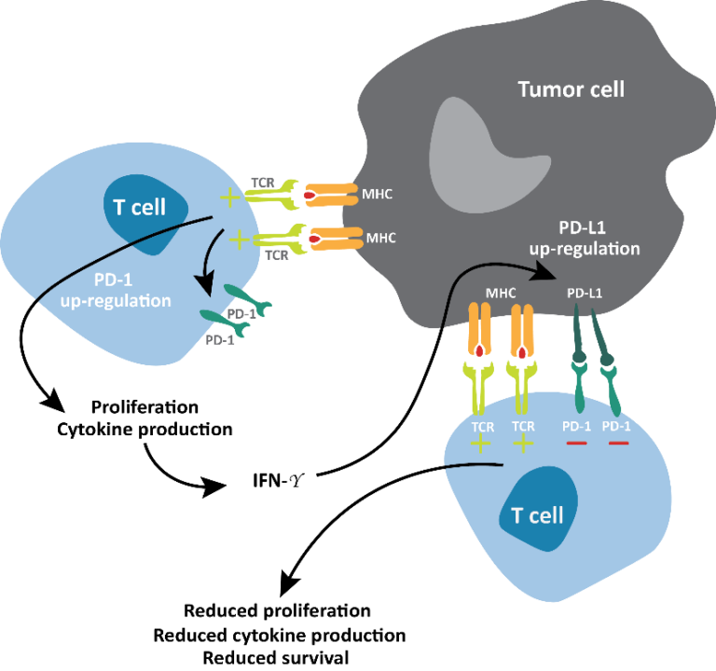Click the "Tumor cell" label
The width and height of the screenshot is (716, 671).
click(571, 90)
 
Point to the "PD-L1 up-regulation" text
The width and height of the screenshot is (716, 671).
click(585, 239)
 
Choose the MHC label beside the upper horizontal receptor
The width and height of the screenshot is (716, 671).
click(378, 196)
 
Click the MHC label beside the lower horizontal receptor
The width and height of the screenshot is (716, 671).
click(380, 238)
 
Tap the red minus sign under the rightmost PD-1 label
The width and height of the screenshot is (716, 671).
click(617, 443)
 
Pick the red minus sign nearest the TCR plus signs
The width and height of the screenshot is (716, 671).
click(576, 443)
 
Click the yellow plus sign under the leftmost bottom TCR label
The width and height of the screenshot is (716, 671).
click(481, 444)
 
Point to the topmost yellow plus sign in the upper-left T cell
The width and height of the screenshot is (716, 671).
click(228, 198)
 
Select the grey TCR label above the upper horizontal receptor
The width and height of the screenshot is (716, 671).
click(262, 183)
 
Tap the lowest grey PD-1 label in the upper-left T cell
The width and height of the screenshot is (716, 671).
click(219, 340)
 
